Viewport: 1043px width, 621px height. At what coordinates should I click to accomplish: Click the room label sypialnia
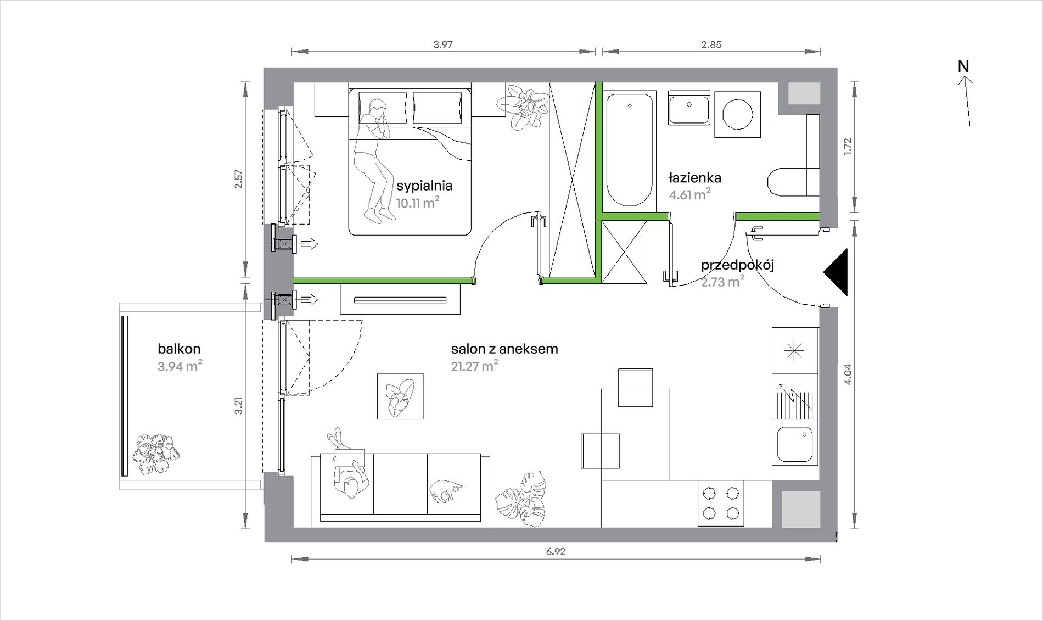(x=424, y=186)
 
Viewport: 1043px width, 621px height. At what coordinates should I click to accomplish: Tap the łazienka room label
(x=694, y=178)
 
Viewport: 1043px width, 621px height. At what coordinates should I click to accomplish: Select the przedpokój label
(x=737, y=266)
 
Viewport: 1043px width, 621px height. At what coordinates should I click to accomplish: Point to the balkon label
(x=179, y=349)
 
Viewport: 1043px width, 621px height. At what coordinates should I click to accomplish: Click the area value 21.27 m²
(x=475, y=366)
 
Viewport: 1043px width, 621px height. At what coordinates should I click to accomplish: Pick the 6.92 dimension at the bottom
(x=556, y=552)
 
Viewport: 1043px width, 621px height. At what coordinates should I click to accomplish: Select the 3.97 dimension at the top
(x=443, y=45)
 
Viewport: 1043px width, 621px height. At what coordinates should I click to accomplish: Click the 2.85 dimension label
(x=711, y=45)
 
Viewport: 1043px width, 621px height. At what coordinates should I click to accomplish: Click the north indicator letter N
(x=963, y=66)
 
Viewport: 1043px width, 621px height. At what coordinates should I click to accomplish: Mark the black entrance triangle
(x=835, y=272)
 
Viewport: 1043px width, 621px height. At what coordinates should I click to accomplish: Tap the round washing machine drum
(x=737, y=114)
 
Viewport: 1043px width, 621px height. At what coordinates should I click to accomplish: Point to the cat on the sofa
(x=446, y=490)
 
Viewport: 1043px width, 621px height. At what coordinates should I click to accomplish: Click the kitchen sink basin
(x=795, y=445)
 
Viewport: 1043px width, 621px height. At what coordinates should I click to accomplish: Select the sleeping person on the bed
(x=372, y=160)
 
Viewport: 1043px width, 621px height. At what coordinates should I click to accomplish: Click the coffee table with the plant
(x=400, y=396)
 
